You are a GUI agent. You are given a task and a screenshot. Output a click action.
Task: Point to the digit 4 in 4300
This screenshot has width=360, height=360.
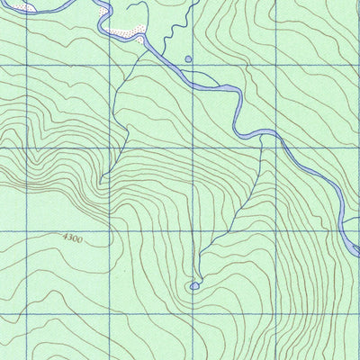[x=67, y=236]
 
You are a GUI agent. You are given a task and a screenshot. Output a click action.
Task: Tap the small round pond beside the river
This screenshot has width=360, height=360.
[x=188, y=59]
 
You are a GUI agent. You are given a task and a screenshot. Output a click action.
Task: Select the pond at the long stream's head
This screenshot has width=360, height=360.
[x=194, y=286]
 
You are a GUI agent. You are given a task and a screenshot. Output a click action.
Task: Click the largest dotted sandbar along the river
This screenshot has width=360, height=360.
[x=127, y=33]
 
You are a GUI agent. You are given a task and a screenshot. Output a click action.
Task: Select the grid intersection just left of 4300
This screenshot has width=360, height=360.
[x=28, y=230]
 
